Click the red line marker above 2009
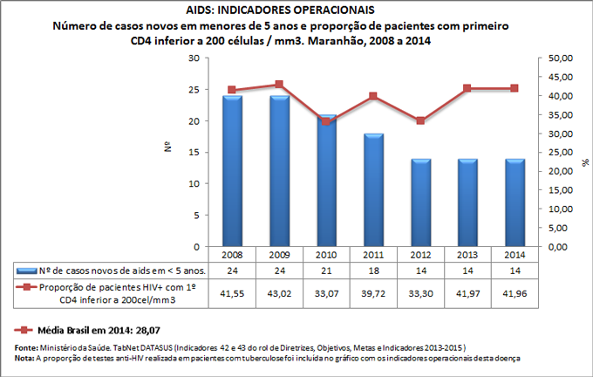[x=279, y=85]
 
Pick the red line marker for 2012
[x=419, y=120]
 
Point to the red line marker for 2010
[x=326, y=121]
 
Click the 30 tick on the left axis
[x=194, y=58]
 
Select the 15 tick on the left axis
[x=194, y=153]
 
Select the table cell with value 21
[x=326, y=271]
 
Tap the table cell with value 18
[x=373, y=271]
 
